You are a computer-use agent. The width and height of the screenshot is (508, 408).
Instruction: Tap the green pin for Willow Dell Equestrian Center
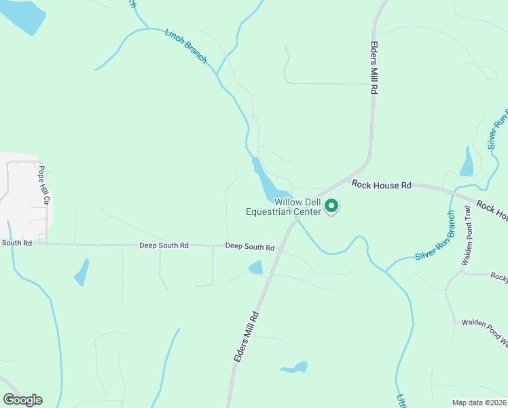click(331, 205)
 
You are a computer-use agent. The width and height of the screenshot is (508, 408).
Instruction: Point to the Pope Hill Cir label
click(43, 185)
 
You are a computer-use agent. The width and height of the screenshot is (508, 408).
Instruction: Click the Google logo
click(22, 400)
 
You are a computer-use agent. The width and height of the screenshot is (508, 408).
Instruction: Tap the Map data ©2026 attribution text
click(479, 403)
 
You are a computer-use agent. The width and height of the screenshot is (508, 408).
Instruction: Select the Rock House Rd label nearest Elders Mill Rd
click(382, 184)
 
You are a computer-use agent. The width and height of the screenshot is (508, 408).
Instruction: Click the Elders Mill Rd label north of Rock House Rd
click(374, 65)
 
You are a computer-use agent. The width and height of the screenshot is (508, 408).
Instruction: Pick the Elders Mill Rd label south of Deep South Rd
click(247, 336)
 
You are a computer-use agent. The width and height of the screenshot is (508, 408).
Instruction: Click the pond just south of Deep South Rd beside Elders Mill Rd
click(256, 268)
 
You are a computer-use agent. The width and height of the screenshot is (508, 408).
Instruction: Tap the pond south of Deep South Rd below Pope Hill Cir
click(81, 272)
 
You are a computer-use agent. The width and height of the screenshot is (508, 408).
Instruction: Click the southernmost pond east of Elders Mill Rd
click(295, 368)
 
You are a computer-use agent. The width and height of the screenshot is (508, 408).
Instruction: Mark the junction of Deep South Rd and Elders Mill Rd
click(278, 248)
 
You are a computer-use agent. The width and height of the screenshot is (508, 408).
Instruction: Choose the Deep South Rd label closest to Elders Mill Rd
click(249, 246)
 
